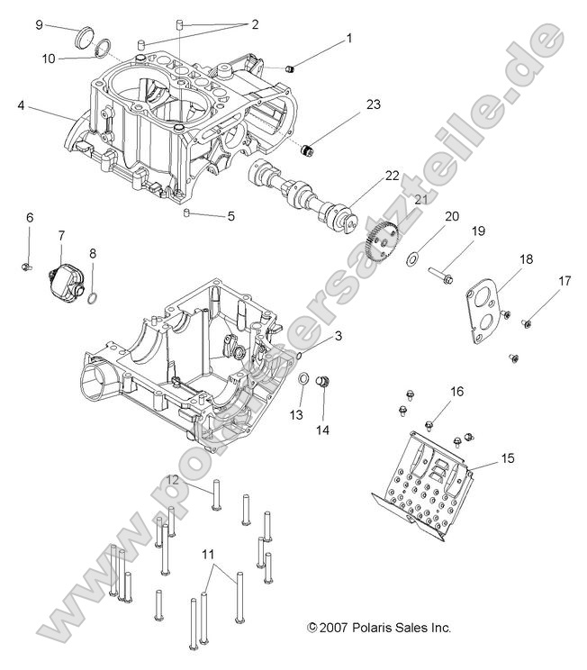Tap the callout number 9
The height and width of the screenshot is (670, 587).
click(39, 25)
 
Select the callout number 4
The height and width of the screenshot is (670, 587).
click(20, 105)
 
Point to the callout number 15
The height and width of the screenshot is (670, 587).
click(508, 458)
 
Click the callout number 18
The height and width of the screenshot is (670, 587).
click(526, 258)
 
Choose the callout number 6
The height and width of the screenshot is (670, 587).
click(29, 218)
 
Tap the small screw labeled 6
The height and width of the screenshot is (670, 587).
click(26, 266)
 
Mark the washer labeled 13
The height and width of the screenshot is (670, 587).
click(304, 377)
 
